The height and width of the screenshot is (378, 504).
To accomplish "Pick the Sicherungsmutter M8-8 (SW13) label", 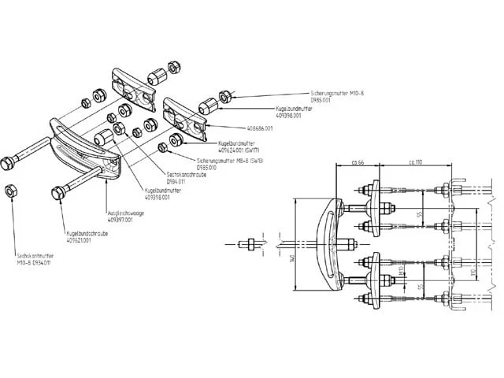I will coord(228,162).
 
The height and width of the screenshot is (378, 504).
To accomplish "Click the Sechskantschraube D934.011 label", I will coord(185,178).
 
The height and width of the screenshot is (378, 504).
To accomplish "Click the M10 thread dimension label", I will coord(402,272).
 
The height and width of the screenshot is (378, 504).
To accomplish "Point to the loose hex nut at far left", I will coord(11,191).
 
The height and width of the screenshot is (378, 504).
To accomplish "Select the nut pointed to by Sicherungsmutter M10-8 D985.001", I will coord(224,96).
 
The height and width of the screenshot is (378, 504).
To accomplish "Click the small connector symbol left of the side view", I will coord(246,243).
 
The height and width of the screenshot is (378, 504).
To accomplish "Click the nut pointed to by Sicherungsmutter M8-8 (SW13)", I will coord(163,147).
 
